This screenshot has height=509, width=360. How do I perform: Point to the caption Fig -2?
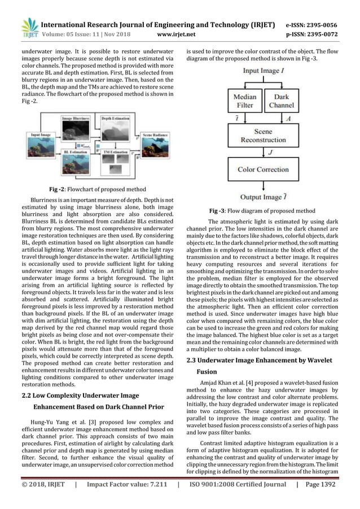pyautogui.click(x=58, y=189)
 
